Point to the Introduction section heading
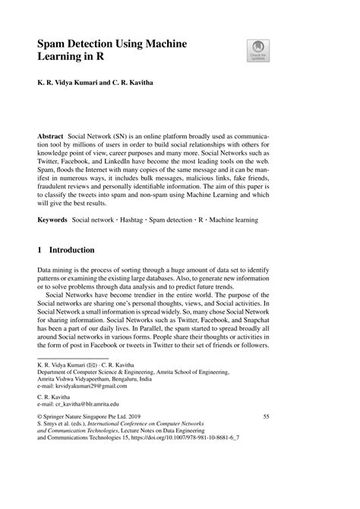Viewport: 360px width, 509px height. pos(72,249)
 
